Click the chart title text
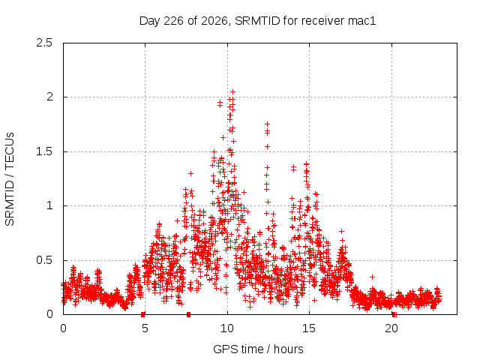coord(257,21)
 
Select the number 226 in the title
coord(174,21)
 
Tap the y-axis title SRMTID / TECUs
coord(10,179)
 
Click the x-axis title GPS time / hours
coord(258,349)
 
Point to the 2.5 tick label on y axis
coord(44,43)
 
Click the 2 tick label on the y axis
coord(49,97)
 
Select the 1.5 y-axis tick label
coord(44,151)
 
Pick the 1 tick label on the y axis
coord(50,205)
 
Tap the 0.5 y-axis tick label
coord(44,260)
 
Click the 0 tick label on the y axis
coord(49,314)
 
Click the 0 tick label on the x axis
coord(63,328)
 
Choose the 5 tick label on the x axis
coord(145,328)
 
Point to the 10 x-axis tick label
coord(227,328)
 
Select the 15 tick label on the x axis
coord(309,328)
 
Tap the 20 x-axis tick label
coord(391,328)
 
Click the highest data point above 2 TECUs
coord(233,91)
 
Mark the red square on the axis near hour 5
coord(142,314)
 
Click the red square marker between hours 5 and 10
coord(188,314)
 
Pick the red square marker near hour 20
coord(394,314)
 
